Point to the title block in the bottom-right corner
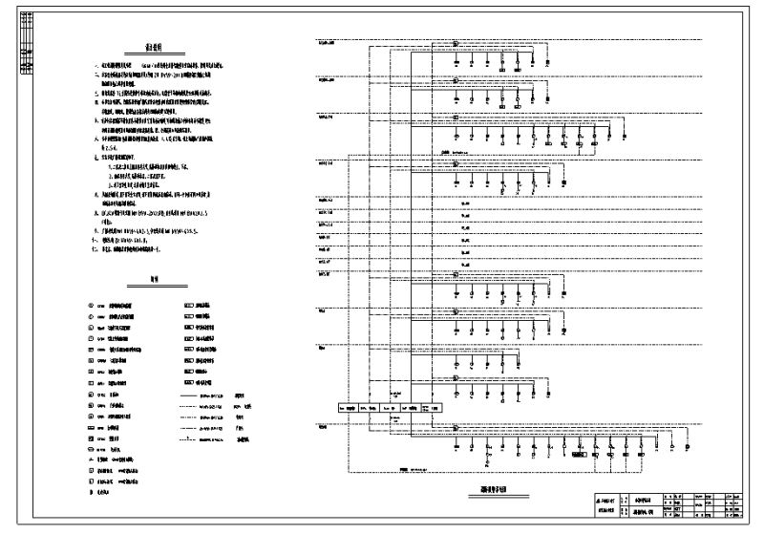pos(668,503)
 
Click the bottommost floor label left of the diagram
pos(323,428)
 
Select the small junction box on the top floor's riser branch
pos(456,44)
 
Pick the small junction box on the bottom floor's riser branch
pos(456,427)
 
